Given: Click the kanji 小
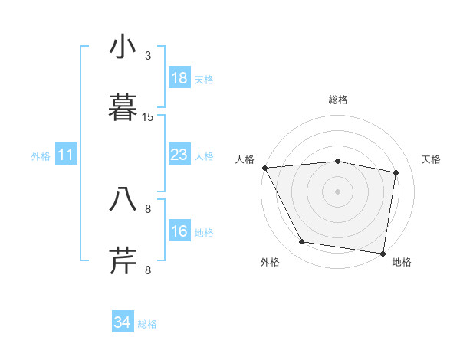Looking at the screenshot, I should pos(123,47).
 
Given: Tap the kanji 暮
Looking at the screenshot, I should pos(123,108).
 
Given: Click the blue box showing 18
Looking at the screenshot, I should pos(179,78).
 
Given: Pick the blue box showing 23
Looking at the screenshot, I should pos(179,155).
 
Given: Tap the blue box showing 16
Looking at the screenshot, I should pos(179,231).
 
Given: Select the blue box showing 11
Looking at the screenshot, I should pos(66,155).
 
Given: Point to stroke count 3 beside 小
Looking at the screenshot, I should pos(148,56).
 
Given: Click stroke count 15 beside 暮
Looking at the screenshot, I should pos(148,117).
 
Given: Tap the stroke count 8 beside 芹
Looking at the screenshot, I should pos(148,270).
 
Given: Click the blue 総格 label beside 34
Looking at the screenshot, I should pos(147,324).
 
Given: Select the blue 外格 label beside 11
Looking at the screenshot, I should pos(41,156).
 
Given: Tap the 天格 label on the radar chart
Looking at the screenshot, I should pos(432,159).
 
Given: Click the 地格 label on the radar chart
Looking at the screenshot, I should pos(402,262).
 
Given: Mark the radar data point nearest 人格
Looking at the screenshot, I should pos(264,168).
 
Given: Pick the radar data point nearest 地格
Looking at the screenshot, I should pos(383,253).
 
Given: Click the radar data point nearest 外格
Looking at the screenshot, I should pos(302,242).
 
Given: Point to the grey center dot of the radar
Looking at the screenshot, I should pos(338,191).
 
